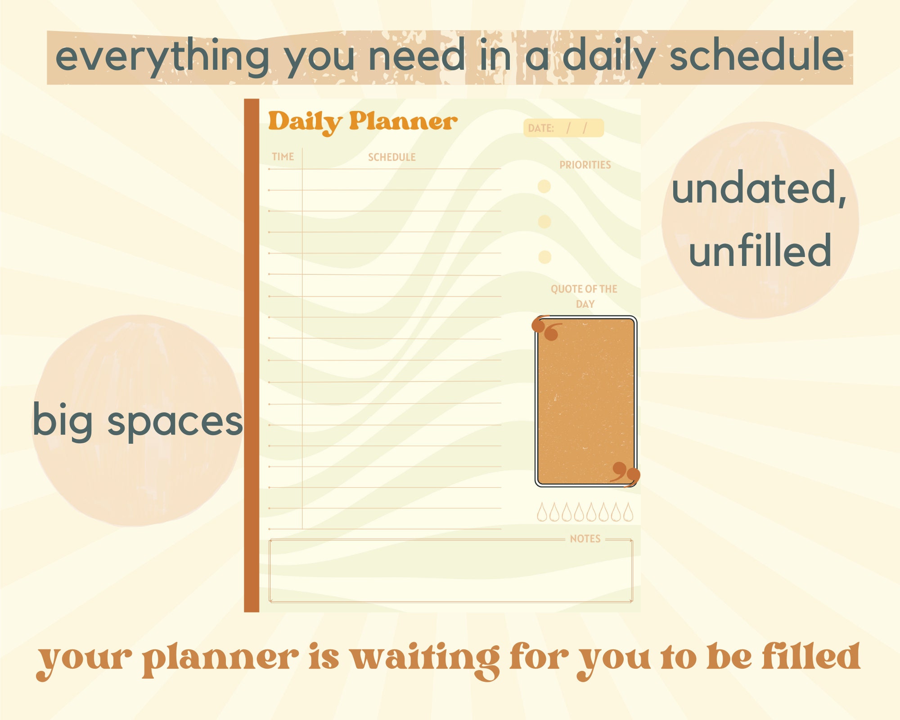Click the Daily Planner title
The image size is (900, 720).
click(x=362, y=121)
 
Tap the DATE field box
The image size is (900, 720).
click(x=563, y=128)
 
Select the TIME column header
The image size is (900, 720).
click(x=283, y=157)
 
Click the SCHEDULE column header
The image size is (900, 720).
click(x=391, y=157)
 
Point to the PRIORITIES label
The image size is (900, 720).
click(x=585, y=165)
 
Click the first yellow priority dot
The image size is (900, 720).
click(x=544, y=186)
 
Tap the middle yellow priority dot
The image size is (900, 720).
click(x=544, y=221)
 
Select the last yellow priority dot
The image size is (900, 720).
click(x=544, y=257)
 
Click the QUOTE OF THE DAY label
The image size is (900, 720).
click(x=584, y=296)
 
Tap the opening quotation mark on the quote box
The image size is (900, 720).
click(x=546, y=328)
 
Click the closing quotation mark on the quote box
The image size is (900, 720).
click(x=625, y=473)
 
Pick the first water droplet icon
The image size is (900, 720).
click(x=542, y=513)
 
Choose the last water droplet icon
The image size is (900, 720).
click(x=628, y=513)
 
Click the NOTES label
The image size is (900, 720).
click(x=585, y=539)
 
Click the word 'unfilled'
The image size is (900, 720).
click(x=760, y=250)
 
